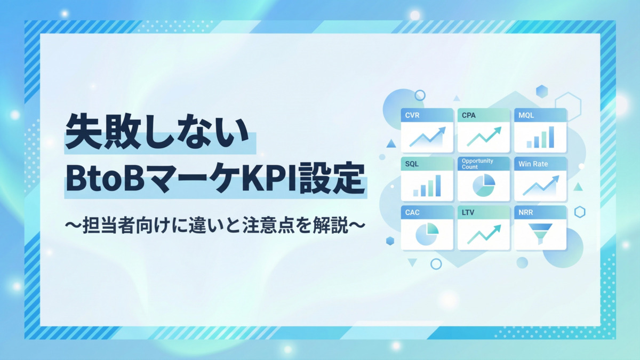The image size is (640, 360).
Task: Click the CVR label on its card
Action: (412, 115)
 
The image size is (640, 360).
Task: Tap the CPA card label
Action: (469, 115)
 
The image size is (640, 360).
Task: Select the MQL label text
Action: (526, 115)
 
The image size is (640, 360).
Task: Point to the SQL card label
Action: (412, 164)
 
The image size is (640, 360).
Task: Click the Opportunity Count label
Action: (477, 164)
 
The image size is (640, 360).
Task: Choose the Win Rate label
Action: (533, 164)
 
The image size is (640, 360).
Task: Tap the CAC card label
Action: (412, 212)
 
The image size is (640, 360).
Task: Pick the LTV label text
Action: (468, 212)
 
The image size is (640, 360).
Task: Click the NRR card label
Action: (525, 212)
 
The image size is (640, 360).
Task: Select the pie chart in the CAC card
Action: (427, 234)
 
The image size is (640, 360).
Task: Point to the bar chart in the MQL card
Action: (540, 138)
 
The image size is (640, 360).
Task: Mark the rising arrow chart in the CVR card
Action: (427, 137)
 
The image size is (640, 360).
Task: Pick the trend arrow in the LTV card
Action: (484, 234)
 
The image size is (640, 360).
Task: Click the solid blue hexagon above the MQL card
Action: (542, 91)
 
